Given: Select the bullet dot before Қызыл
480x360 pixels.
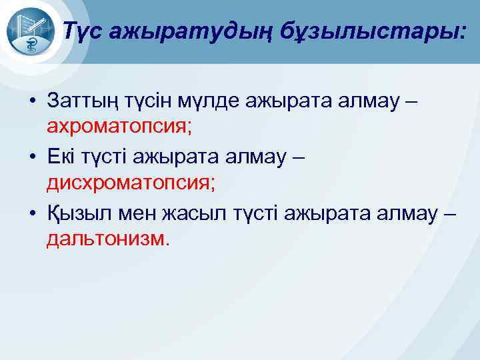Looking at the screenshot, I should (x=31, y=214).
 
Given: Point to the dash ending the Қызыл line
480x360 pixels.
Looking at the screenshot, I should (x=450, y=214).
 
